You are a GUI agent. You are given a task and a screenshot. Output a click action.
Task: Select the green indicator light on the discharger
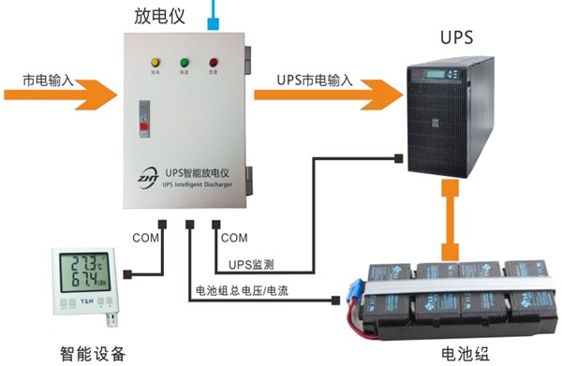[x=185, y=58]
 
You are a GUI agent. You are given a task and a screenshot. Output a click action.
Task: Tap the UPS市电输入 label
[x=315, y=81]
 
